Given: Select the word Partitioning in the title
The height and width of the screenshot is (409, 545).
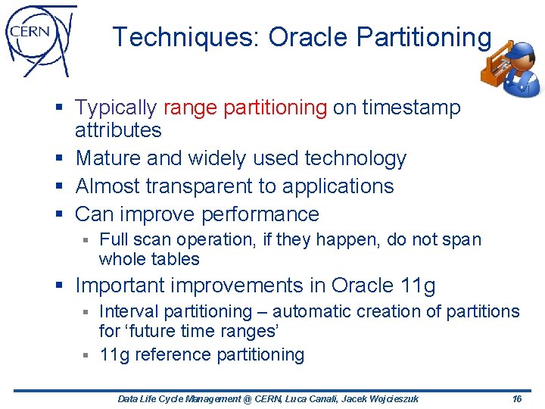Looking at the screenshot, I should (x=427, y=36).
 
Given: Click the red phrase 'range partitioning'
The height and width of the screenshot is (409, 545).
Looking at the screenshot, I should (x=244, y=108).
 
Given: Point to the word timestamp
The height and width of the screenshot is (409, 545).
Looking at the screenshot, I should (x=411, y=108).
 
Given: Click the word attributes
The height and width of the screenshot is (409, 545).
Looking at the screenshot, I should (x=118, y=130).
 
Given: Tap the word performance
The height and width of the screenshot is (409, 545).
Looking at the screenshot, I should (x=260, y=214).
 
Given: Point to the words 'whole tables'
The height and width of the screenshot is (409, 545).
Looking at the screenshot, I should (x=149, y=259).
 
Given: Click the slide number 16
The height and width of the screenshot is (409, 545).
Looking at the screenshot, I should (x=517, y=398).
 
